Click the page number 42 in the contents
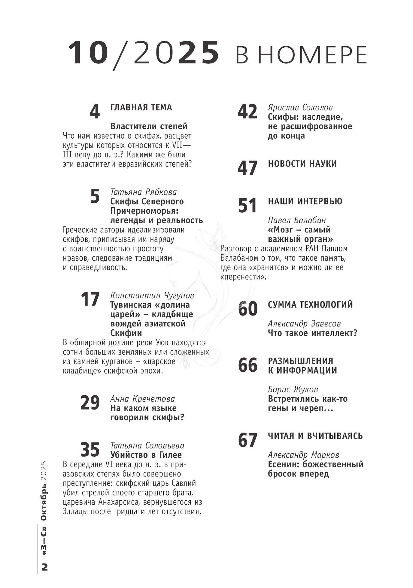pos(247,112)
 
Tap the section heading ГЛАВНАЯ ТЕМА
pos(141,107)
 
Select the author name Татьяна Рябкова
pos(144,192)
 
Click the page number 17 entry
pos(90,299)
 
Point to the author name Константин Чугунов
pos(152,295)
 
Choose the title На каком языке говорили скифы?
pos(147,413)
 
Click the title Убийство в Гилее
pos(146,455)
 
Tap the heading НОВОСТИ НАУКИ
pos(302,164)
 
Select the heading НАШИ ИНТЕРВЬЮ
pos(305,201)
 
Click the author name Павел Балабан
pos(297,220)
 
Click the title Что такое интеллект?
pos(312,333)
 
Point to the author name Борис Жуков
pos(293,389)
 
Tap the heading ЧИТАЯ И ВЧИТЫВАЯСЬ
pos(315,436)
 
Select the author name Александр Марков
pos(303,455)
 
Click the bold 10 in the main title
pos(88,53)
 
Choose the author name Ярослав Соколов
pos(300,108)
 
